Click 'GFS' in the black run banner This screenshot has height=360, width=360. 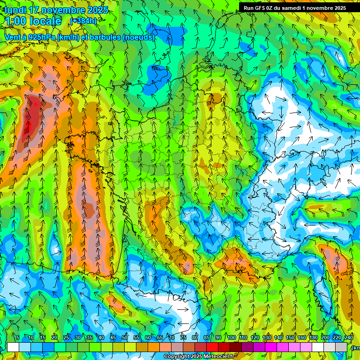[263, 7]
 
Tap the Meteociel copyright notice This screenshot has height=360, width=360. [199, 357]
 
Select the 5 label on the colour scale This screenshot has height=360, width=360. [18, 338]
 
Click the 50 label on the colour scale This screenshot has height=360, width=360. [125, 338]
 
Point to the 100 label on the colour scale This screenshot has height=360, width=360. [231, 338]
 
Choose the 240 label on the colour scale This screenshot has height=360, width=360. [348, 338]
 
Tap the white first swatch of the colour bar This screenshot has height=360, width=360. [13, 347]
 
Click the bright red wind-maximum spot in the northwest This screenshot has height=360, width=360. [36, 105]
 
